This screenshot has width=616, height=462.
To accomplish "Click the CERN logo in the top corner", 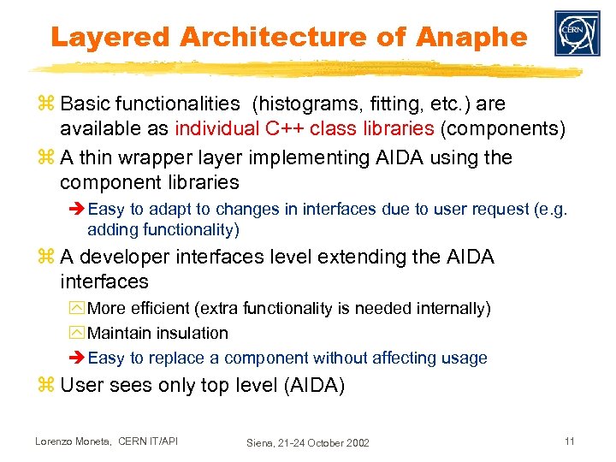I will pos(577,33).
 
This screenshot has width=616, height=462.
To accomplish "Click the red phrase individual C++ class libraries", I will pos(305,129).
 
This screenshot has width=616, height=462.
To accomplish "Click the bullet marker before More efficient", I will pos(79,308).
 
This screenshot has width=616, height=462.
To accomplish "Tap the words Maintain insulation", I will pos(158,333).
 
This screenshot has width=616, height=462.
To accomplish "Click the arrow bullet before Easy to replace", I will pos(78,358).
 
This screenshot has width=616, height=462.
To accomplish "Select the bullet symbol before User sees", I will pos(48,386).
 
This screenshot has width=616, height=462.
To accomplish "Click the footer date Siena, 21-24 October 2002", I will pos(308,442).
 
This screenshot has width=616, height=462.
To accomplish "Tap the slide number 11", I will pos(568,441).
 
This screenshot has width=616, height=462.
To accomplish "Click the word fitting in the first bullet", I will pos(389,104).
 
